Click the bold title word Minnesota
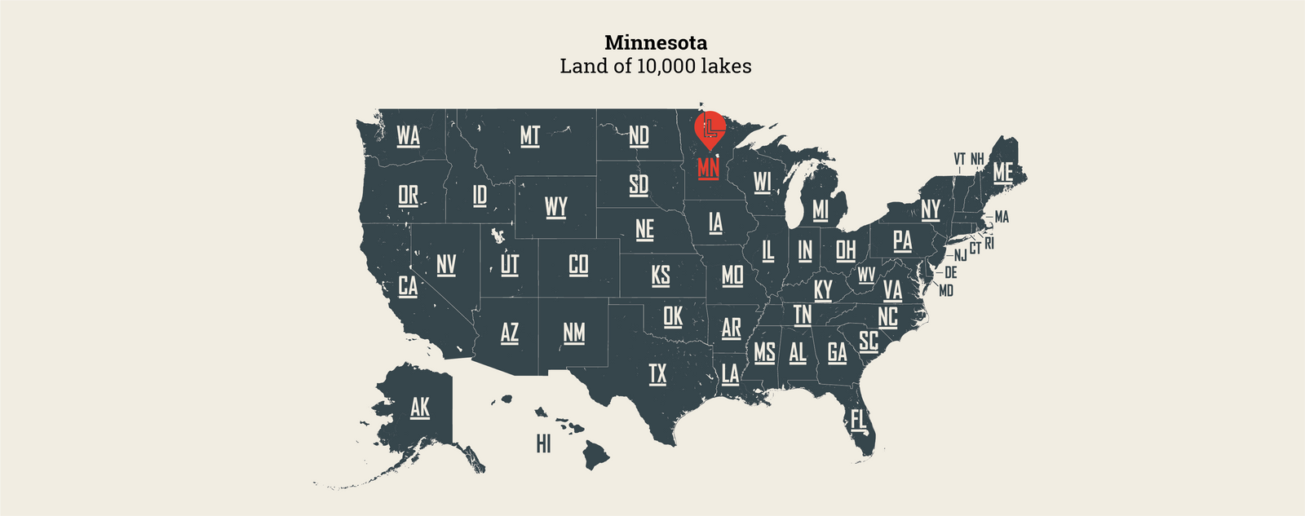coord(656,42)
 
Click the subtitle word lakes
coord(725,66)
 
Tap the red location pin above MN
coord(710,128)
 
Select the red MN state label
coord(708,168)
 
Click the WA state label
coord(408,135)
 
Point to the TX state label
coord(657,374)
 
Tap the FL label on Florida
coord(858,420)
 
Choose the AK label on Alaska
coord(419,407)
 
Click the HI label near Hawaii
coord(543,443)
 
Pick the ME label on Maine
coord(1002,172)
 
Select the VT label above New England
coord(959,158)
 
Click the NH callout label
coord(976,158)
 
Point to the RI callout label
coord(989,243)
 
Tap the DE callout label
coord(950,273)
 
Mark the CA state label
coord(408,286)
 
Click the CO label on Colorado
coord(578,265)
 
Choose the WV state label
coord(866,276)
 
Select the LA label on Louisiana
coord(730,374)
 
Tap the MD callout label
coord(946,290)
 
